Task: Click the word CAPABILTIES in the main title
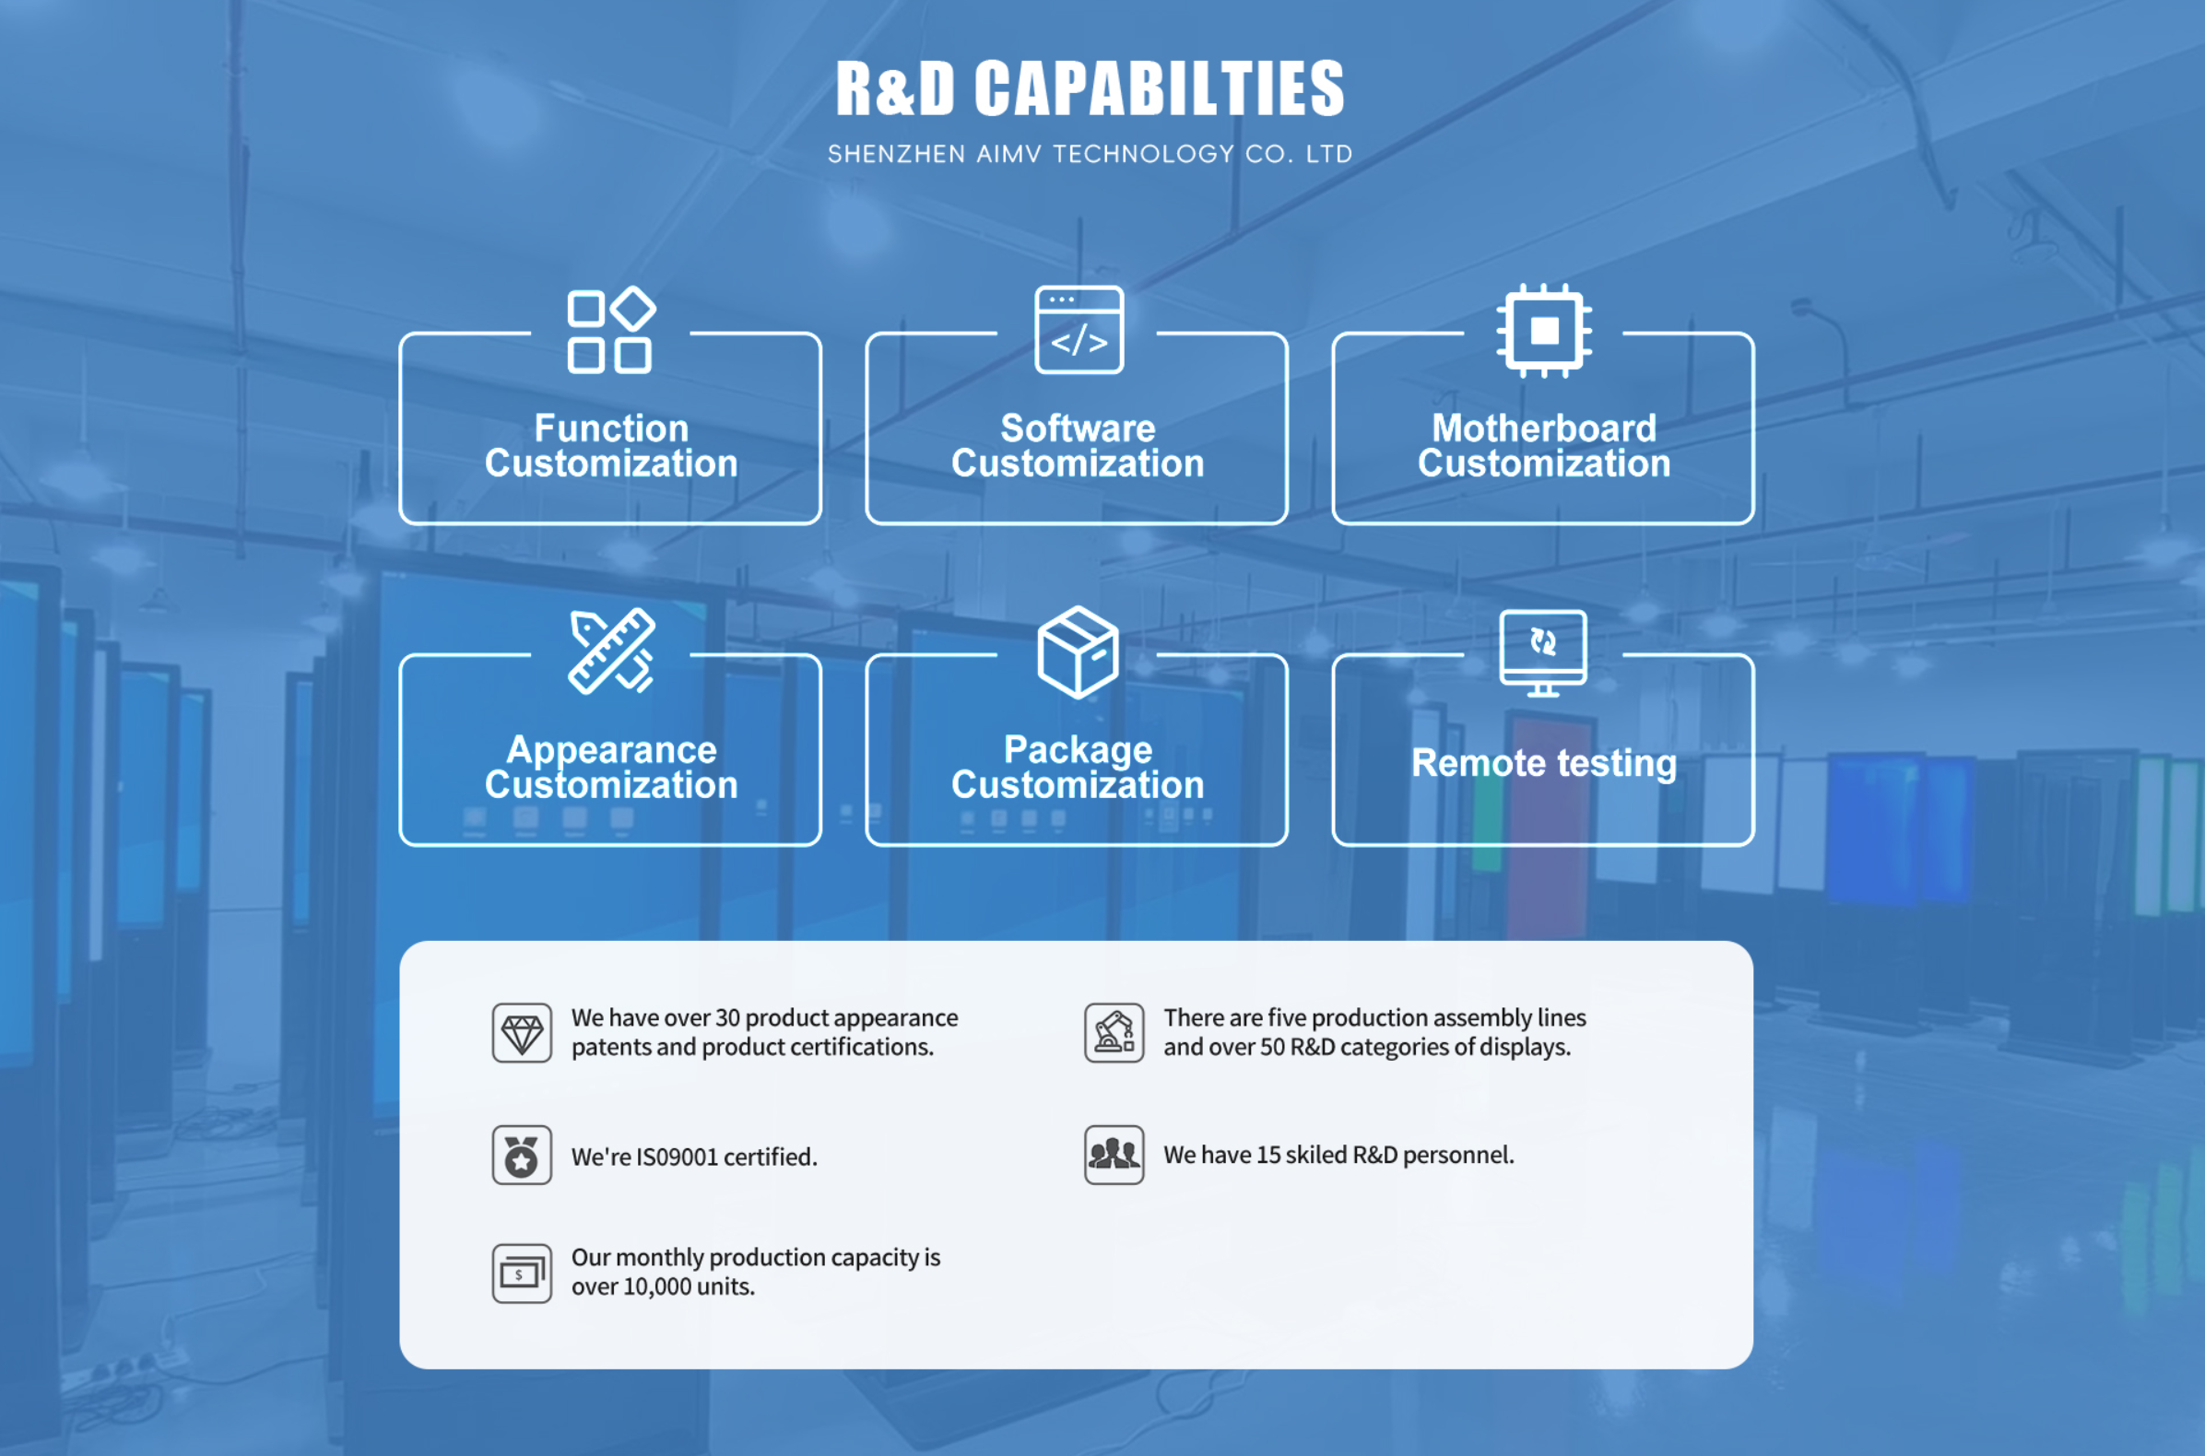coord(1158,89)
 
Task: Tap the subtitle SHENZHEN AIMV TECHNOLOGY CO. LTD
coord(1090,154)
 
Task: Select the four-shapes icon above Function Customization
coord(610,331)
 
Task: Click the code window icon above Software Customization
coord(1079,330)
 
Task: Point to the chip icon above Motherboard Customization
coord(1544,331)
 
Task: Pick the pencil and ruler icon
coord(611,651)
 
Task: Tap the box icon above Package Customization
coord(1078,652)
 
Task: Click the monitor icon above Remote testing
coord(1543,652)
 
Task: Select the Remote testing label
coord(1544,763)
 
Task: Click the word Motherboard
coord(1544,429)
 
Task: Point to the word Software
coord(1078,429)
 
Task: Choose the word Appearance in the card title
coord(611,749)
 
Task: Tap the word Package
coord(1078,749)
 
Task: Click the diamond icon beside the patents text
coord(522,1033)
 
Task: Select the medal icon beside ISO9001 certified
coord(522,1156)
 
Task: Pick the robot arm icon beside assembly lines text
coord(1114,1033)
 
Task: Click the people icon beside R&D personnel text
coord(1114,1156)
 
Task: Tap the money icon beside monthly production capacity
coord(522,1273)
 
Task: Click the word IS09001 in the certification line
coord(678,1157)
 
